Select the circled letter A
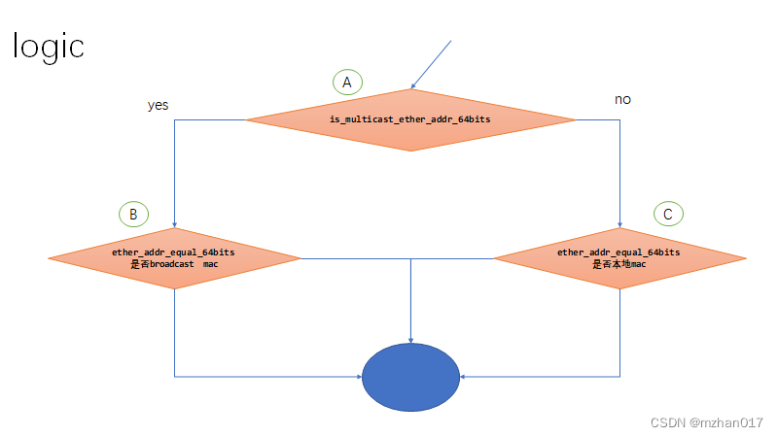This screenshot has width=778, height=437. [346, 83]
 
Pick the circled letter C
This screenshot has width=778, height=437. [668, 213]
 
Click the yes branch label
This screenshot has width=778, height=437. [159, 105]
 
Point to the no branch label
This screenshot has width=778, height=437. [623, 99]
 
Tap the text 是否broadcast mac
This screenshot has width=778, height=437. [174, 264]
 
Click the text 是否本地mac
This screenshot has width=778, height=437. [619, 264]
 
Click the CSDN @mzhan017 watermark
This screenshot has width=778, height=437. [706, 422]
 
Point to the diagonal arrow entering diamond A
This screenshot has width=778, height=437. [432, 62]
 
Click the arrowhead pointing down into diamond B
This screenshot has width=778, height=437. [174, 223]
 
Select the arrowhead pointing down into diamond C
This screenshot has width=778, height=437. [620, 223]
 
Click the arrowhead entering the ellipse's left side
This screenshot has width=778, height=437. [358, 376]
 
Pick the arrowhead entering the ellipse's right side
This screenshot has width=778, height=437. [464, 376]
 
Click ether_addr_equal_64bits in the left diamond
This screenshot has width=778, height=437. [173, 252]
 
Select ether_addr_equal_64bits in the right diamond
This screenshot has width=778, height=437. [619, 252]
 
